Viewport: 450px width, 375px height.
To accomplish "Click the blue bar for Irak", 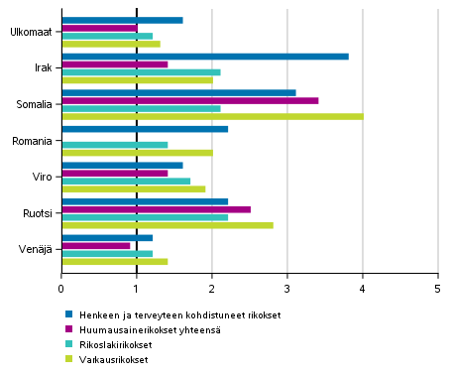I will [205, 56].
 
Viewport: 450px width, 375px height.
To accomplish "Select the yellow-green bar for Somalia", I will [212, 116].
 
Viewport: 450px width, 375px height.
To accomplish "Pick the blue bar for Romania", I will [145, 128].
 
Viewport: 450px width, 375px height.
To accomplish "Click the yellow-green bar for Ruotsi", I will [168, 225].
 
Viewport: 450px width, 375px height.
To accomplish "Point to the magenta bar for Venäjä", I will [96, 245].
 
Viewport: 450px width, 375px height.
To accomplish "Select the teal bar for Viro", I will [126, 181].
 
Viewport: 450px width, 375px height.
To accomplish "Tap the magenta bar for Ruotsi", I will [157, 209].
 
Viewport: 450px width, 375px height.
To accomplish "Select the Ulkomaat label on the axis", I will [33, 32].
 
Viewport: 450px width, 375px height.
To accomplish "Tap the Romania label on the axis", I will [35, 140].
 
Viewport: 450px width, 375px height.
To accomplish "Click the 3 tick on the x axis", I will [287, 289].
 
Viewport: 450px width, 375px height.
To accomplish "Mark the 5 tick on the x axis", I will [437, 289].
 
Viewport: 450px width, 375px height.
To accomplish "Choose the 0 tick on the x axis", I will [61, 289].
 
